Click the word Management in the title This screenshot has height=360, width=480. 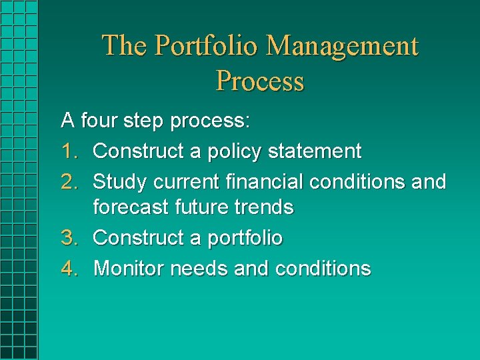(342, 46)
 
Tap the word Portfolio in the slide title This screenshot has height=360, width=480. (206, 46)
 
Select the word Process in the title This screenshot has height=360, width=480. (260, 81)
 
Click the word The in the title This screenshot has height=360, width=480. (125, 46)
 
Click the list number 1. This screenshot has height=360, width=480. (69, 151)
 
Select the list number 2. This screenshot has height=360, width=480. (69, 181)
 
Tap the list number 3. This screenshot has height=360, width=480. (69, 238)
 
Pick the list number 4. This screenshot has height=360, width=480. (69, 268)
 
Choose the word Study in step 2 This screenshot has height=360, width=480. (120, 181)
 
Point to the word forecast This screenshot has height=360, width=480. (131, 207)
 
